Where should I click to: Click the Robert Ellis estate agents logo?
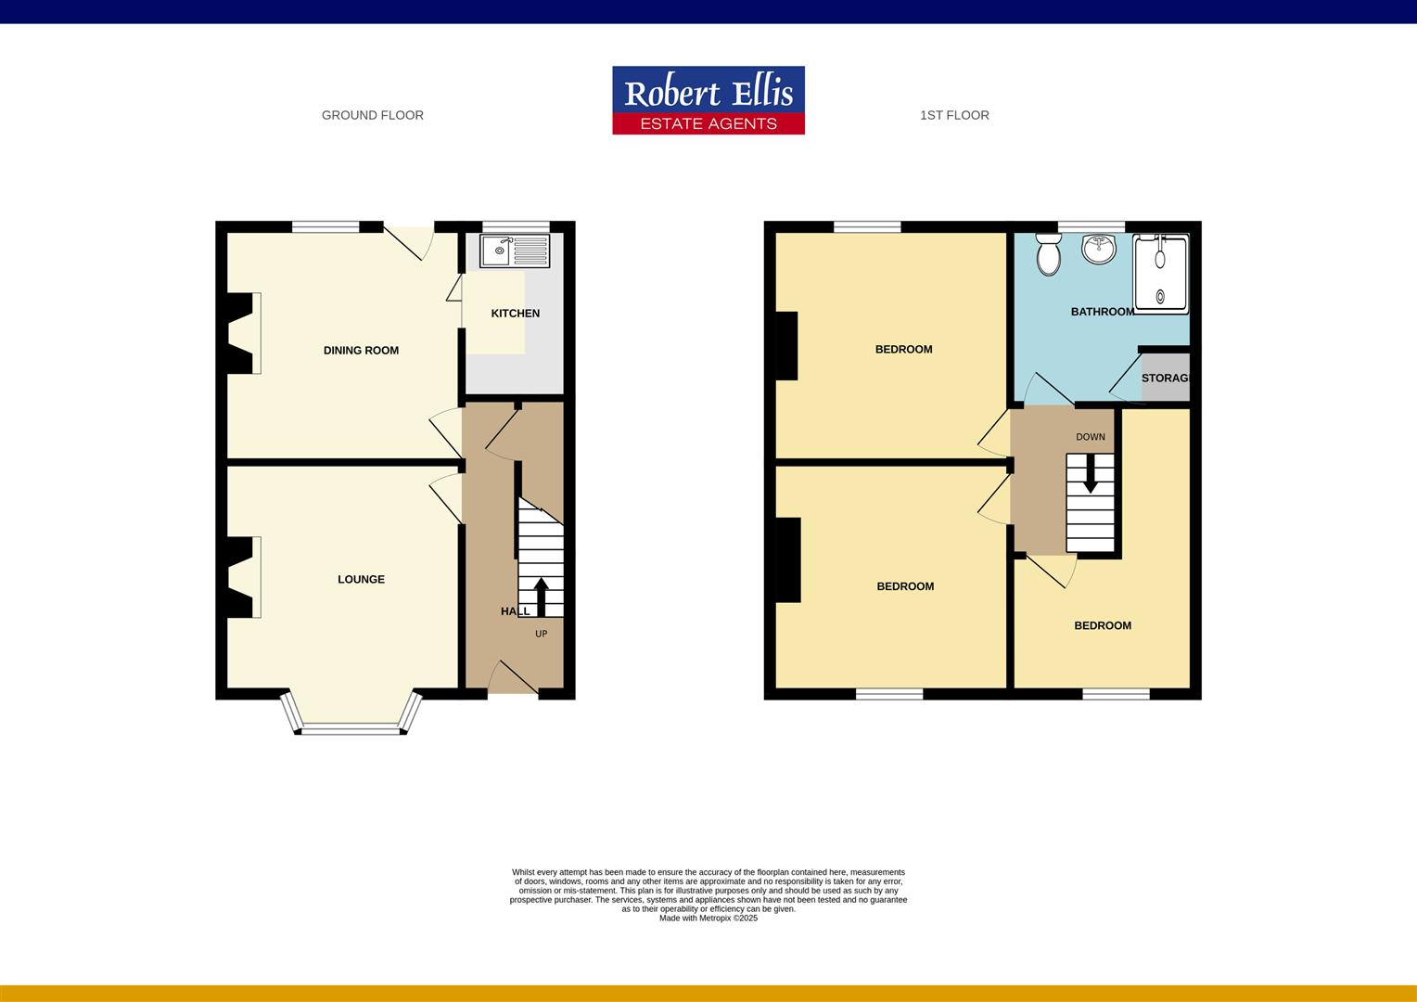pos(708,100)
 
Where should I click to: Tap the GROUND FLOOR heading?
pos(372,115)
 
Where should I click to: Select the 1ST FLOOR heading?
pos(953,115)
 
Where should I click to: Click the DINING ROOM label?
pos(361,350)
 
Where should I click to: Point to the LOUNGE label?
pos(361,579)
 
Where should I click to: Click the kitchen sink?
pos(515,250)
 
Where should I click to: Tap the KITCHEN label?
pos(515,314)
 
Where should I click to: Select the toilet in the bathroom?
pos(1049,254)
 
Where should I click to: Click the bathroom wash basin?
pos(1101,248)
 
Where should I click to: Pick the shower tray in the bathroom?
pos(1160,275)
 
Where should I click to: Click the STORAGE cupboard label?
pos(1165,379)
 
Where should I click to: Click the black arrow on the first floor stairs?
pos(1091,474)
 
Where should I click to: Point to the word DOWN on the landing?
pos(1091,437)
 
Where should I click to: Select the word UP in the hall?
pos(542,635)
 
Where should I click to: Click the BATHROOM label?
pos(1102,312)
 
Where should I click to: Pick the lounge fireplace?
pos(239,577)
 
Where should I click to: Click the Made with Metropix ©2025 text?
pos(708,918)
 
